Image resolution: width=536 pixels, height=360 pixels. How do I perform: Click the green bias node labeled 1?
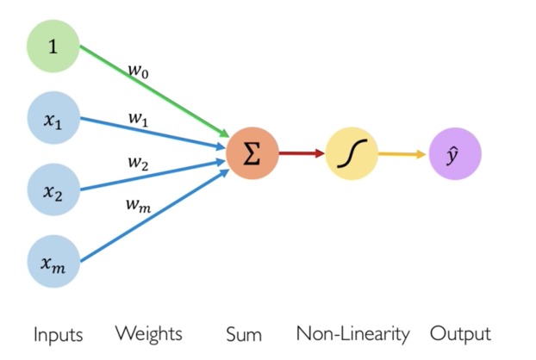53,47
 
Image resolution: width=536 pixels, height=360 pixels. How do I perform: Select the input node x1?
53,118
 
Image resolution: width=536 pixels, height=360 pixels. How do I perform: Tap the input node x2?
53,189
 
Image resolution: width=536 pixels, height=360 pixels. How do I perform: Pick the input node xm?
53,261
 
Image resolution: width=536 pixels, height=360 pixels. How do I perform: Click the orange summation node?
252,153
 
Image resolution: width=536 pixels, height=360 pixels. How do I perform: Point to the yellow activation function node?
352,153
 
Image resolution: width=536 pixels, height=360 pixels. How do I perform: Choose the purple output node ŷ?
455,153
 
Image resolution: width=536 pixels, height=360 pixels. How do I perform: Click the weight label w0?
139,71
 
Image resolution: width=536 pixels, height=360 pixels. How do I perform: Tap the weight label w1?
139,119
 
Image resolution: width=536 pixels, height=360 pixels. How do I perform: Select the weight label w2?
139,163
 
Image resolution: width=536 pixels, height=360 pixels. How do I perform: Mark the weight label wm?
138,206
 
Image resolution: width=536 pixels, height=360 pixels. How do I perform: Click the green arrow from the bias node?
154,91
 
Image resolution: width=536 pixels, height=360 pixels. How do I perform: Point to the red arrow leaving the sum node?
302,153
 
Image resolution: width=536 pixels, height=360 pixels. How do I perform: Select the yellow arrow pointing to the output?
402,154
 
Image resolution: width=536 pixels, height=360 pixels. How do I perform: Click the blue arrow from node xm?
154,215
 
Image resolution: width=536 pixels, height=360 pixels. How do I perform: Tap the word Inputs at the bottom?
59,334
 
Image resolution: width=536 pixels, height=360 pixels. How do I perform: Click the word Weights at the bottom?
149,333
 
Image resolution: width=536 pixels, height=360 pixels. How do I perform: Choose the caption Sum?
244,334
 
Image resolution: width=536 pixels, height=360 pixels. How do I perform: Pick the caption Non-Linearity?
352,333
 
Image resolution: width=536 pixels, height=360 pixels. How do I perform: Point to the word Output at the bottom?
460,334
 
